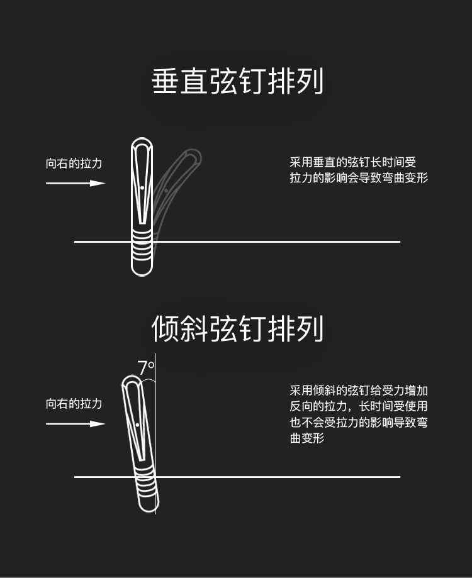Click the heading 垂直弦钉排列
237,82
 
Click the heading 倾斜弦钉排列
237,328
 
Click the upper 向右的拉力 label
74,164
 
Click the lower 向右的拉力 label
74,403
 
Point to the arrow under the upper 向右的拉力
76,183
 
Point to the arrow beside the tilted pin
76,424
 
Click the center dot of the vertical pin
142,187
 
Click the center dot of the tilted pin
137,426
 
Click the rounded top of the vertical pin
142,143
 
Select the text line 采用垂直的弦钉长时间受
353,163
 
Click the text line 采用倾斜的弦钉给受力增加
359,391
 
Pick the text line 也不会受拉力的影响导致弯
359,422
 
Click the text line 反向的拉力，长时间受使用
359,406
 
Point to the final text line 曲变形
307,438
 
